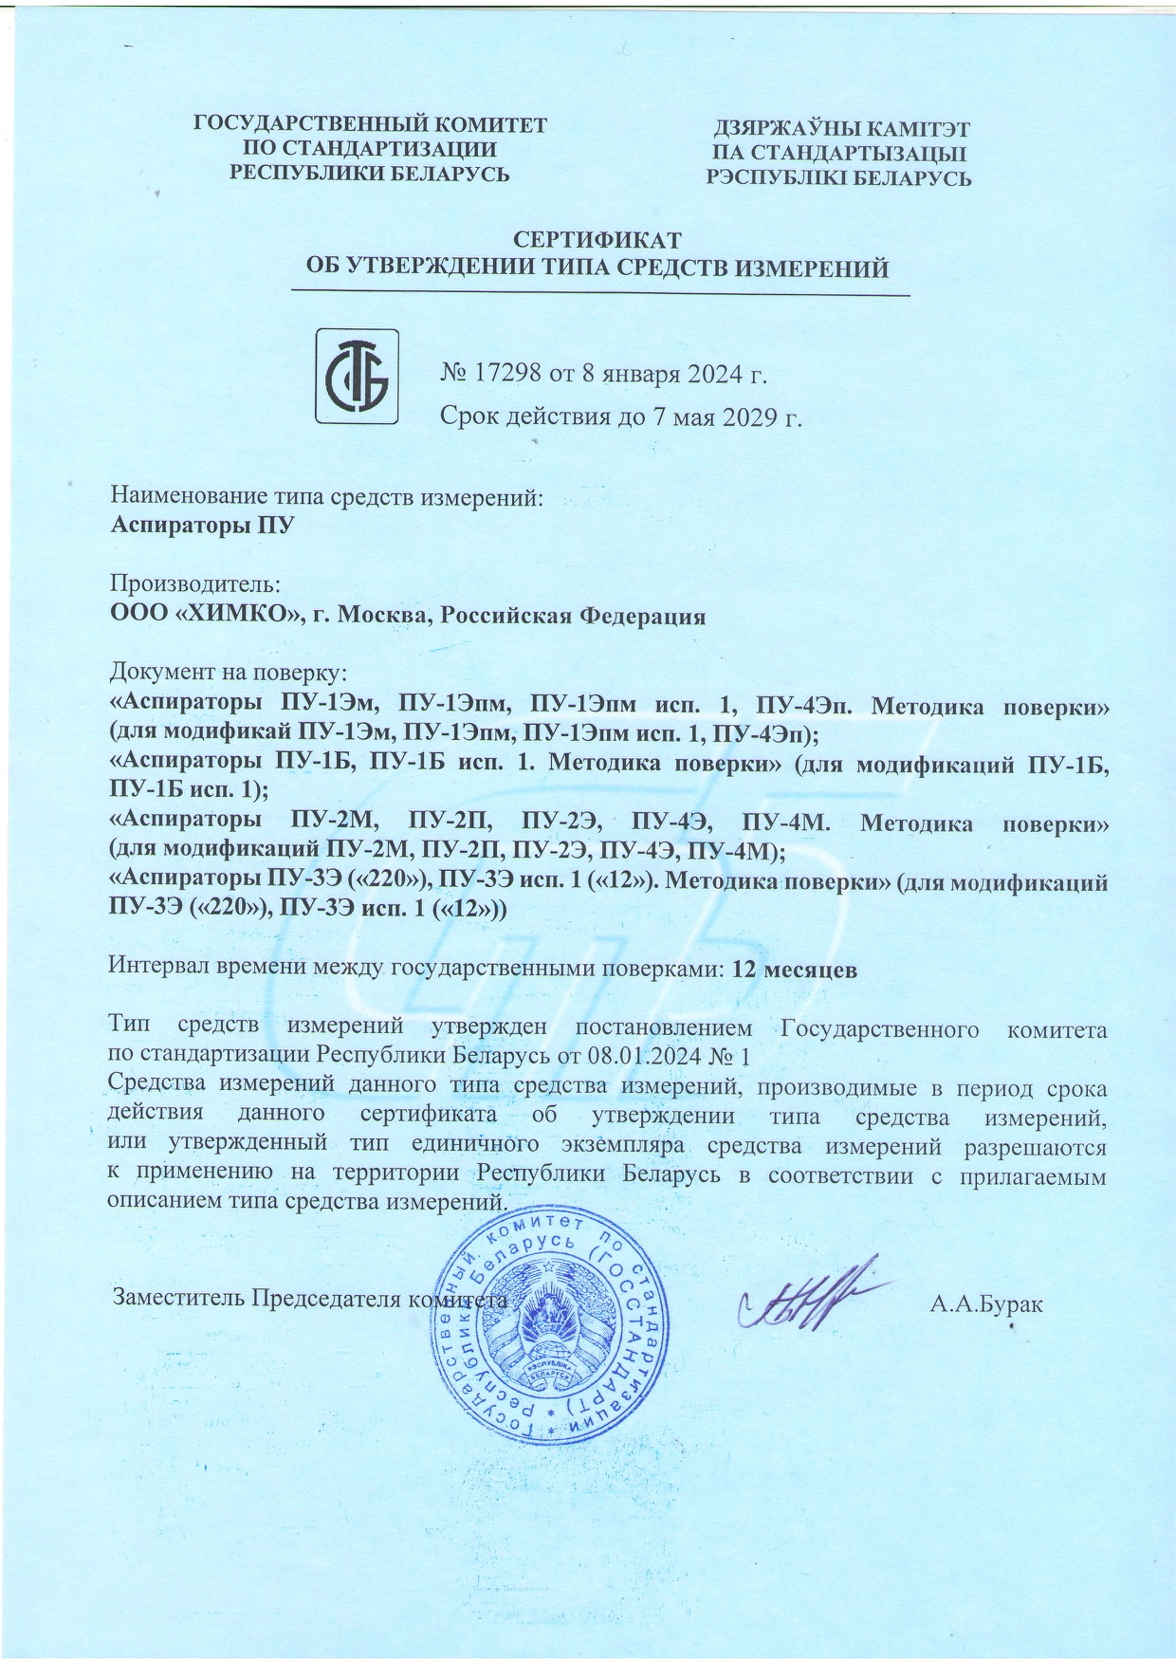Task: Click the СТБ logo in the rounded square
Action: click(357, 376)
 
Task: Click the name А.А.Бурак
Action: click(986, 1303)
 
